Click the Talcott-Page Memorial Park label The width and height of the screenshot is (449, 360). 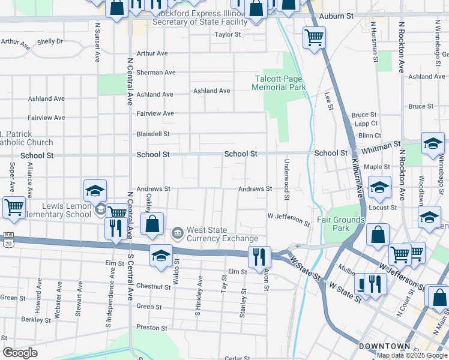tap(279, 83)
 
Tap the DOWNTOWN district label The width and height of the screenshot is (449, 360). tap(384, 346)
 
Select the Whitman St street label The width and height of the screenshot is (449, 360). tap(381, 146)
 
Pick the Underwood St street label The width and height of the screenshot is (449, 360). tap(287, 179)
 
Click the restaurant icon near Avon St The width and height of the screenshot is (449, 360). tap(259, 257)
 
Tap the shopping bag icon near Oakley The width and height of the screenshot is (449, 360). tap(153, 224)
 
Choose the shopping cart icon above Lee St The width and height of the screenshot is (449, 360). tap(314, 37)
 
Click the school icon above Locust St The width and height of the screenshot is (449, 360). tap(379, 188)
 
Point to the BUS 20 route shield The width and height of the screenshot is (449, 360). tap(7, 240)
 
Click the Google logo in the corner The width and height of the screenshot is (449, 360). tap(19, 352)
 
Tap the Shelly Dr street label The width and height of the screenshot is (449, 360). tap(50, 41)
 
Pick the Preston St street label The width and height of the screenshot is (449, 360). tap(151, 328)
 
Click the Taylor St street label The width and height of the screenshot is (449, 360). tap(228, 35)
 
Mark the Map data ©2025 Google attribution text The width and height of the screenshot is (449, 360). tap(412, 355)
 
